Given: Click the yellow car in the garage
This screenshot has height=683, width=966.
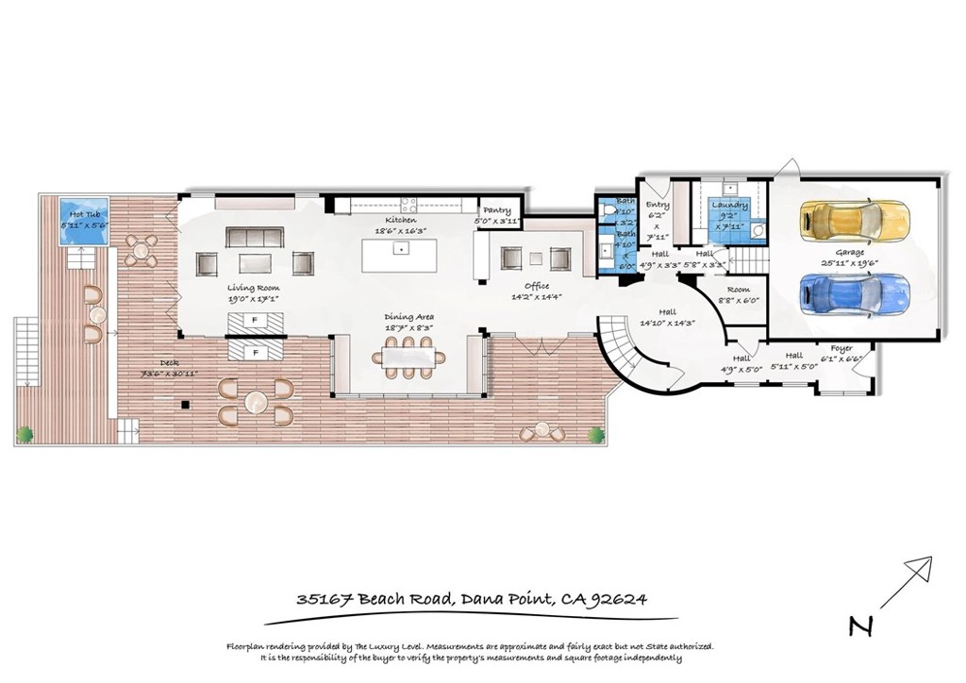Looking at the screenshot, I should click(855, 222).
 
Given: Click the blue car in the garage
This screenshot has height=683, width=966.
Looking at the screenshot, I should click(855, 292).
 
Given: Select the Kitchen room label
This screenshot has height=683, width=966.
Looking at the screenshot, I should click(400, 220).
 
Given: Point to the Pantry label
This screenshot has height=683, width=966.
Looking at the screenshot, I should click(496, 210).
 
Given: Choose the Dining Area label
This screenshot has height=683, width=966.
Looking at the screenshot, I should click(408, 317).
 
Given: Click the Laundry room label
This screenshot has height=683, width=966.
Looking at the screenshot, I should click(730, 205).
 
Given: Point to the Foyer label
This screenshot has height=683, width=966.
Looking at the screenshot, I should click(841, 348).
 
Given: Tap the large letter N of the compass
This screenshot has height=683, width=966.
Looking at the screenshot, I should click(858, 625).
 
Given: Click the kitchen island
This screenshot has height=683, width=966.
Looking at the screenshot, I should click(401, 253).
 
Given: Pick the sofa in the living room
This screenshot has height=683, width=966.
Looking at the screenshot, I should click(255, 237).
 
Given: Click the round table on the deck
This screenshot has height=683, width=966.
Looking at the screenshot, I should click(257, 402).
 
